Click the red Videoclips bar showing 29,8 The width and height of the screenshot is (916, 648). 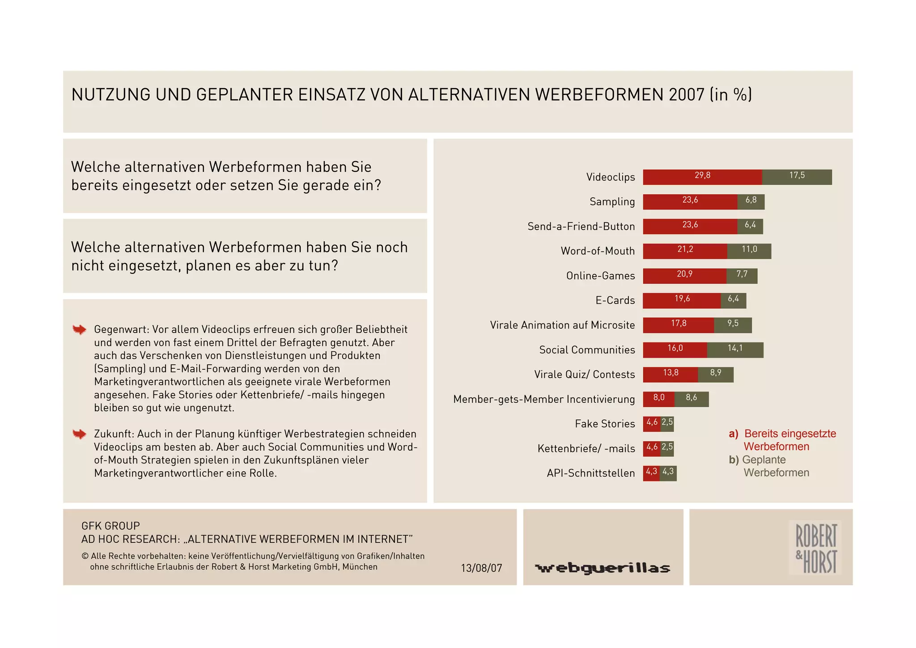702,177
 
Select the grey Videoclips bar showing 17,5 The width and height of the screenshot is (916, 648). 797,177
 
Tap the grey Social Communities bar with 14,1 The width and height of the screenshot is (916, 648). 735,350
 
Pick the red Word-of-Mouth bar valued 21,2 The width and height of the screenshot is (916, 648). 685,251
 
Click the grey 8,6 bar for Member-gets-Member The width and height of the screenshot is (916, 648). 691,399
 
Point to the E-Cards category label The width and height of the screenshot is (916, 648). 615,300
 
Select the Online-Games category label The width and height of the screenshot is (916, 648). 600,276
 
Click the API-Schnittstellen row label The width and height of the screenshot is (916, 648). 590,473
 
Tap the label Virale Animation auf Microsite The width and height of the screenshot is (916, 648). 562,325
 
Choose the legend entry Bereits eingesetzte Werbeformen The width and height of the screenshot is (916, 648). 783,440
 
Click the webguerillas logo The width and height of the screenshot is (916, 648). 602,568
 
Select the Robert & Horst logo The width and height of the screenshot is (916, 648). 815,548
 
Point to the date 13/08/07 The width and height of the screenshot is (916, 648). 481,568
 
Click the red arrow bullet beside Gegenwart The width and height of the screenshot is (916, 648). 80,330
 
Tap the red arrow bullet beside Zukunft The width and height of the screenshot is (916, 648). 80,434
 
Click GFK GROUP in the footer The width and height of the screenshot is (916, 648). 110,526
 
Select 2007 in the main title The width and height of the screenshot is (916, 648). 687,95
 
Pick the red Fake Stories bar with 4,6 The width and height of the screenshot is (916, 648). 652,424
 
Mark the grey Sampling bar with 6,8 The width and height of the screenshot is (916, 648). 751,202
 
